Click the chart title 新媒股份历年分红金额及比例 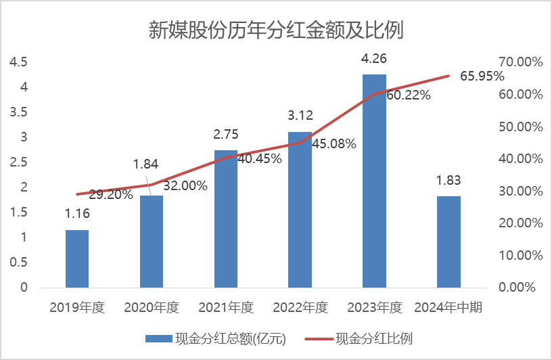point(275,30)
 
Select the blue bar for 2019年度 point(77,258)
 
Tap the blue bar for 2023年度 point(374,181)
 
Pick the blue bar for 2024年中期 point(448,242)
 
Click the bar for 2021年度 point(226,219)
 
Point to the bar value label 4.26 point(374,60)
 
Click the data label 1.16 point(77,215)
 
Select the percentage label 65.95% point(482,76)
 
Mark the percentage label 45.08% point(334,143)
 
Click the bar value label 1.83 point(448,181)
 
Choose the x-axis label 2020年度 point(152,308)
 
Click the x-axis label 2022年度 point(300,308)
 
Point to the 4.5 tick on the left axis point(18,62)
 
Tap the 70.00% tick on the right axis point(521,62)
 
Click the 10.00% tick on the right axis point(521,255)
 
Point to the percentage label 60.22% point(408,95)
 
